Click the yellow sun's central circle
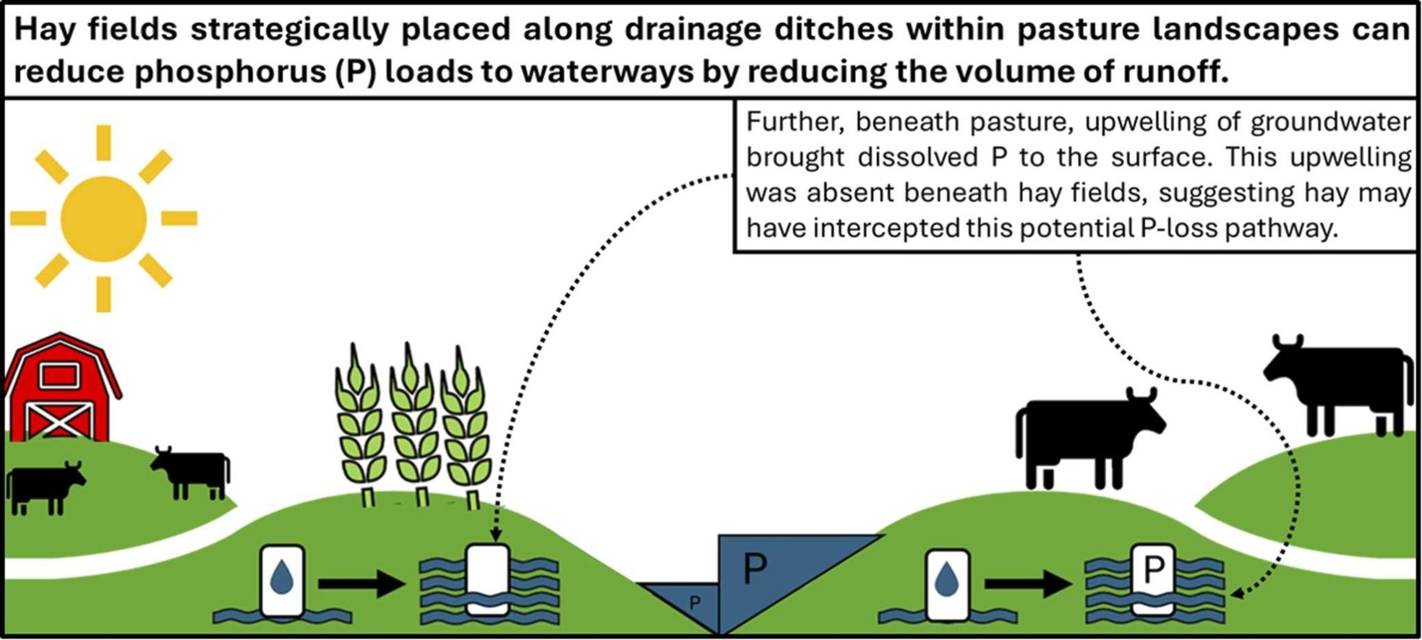[x=103, y=218]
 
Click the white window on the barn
[x=59, y=376]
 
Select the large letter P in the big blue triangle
[x=755, y=569]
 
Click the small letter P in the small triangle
[x=695, y=602]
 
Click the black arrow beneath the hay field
[x=361, y=583]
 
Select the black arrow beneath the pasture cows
[x=1028, y=583]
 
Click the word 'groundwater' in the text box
[x=1330, y=121]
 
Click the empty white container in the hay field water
[x=487, y=578]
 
